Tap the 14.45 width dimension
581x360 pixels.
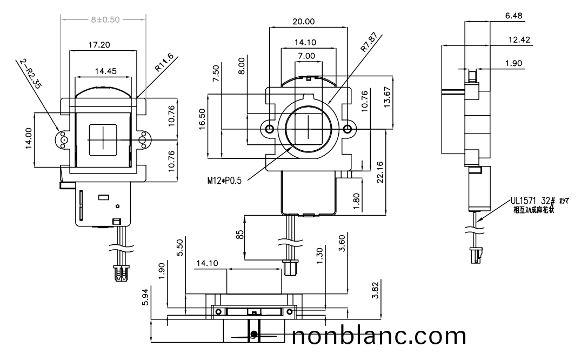103,70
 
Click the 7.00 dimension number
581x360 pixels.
306,56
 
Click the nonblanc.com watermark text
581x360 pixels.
378,337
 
